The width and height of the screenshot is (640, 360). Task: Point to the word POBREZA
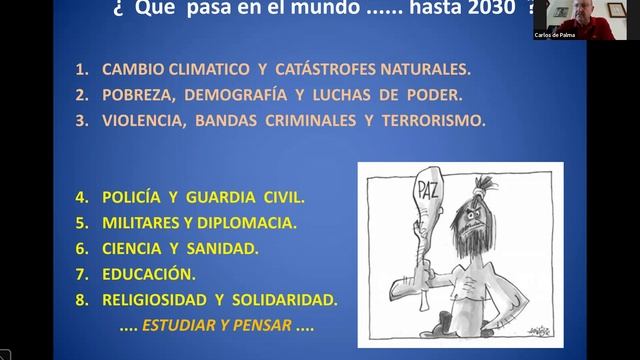coord(137,96)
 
